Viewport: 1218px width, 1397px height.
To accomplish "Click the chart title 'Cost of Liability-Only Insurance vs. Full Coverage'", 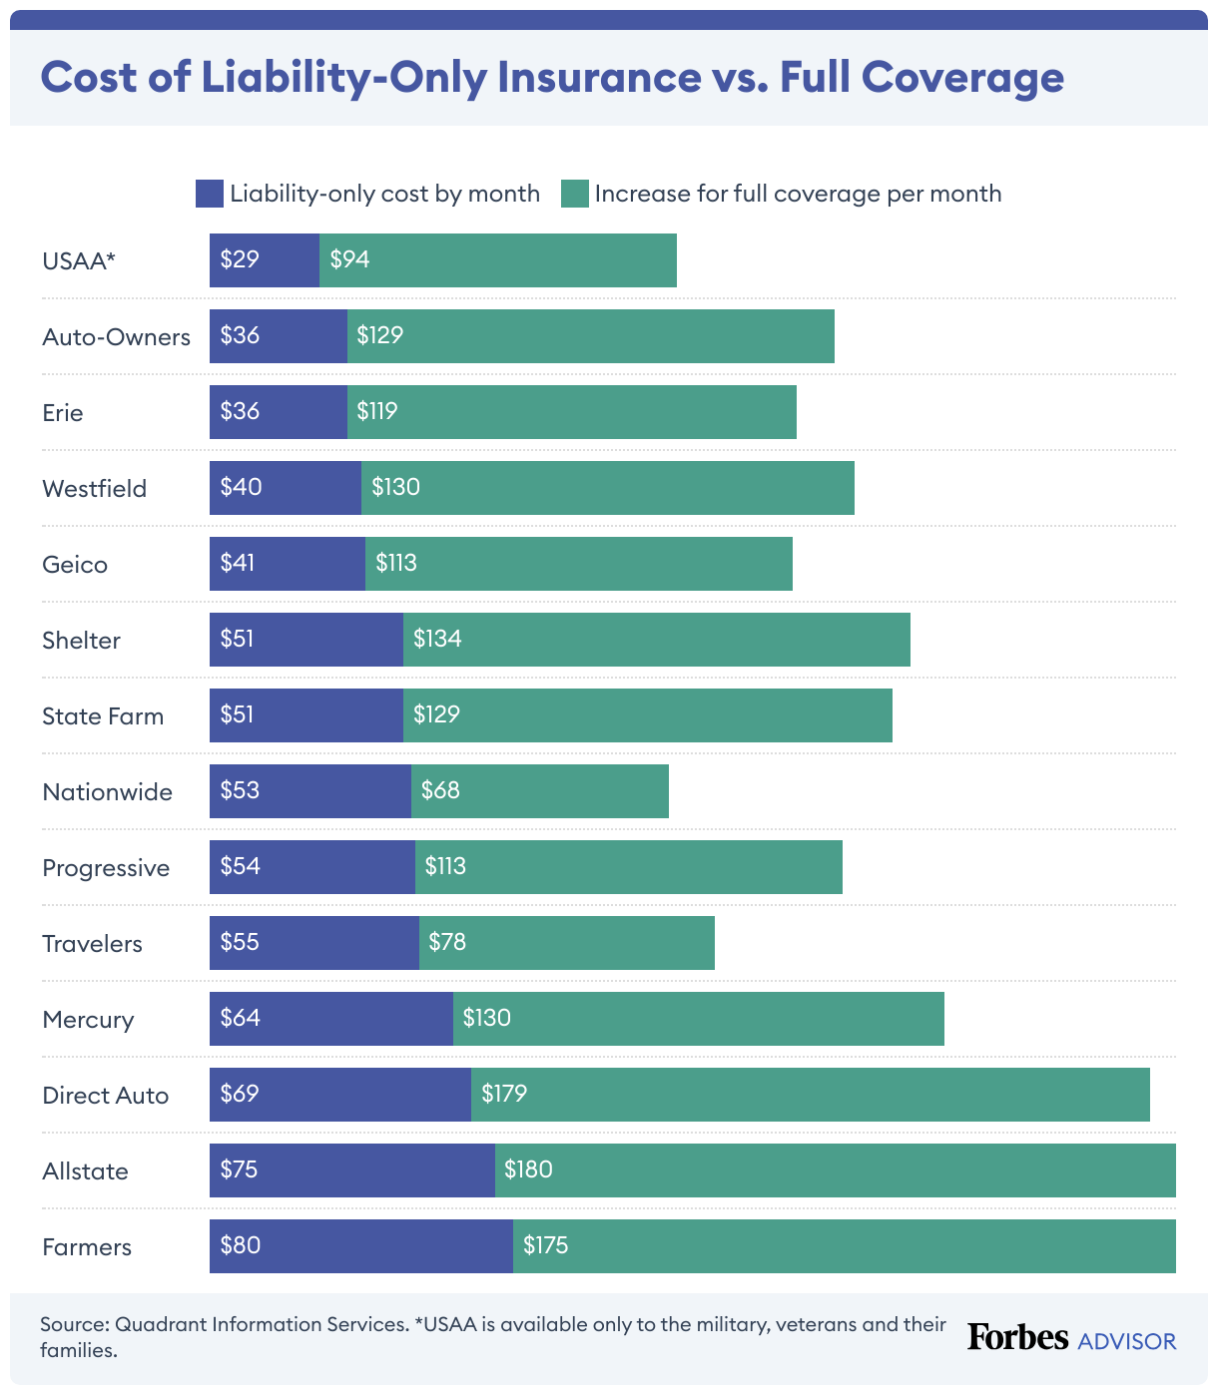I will pos(552,78).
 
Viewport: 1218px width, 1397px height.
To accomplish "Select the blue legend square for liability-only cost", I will pos(209,194).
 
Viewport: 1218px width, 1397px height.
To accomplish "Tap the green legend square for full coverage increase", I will pos(574,194).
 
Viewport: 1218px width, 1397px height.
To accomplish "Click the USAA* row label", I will pos(79,261).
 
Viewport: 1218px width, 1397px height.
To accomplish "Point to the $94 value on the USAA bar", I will pos(350,259).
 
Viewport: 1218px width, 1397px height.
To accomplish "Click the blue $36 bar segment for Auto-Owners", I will pos(279,336).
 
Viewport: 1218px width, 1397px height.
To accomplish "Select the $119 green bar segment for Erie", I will pos(571,412).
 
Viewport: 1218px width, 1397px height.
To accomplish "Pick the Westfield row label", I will pos(94,489).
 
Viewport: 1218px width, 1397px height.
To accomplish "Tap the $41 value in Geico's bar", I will pos(238,563).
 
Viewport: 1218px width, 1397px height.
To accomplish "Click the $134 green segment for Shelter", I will pos(656,640).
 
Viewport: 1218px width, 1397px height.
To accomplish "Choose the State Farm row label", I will pos(103,716).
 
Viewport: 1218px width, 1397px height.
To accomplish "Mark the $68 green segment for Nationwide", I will pos(539,791).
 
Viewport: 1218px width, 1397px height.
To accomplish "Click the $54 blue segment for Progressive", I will pos(311,867).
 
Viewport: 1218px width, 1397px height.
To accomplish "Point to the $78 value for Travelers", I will pos(447,942).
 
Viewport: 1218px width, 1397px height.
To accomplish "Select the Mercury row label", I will pos(88,1020).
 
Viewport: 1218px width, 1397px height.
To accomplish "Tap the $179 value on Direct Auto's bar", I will pos(504,1094).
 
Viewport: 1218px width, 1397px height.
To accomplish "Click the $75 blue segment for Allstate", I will pos(351,1170).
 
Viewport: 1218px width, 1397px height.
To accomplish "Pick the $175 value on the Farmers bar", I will pos(546,1245).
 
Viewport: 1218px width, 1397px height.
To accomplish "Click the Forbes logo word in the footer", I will pos(1017,1337).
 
